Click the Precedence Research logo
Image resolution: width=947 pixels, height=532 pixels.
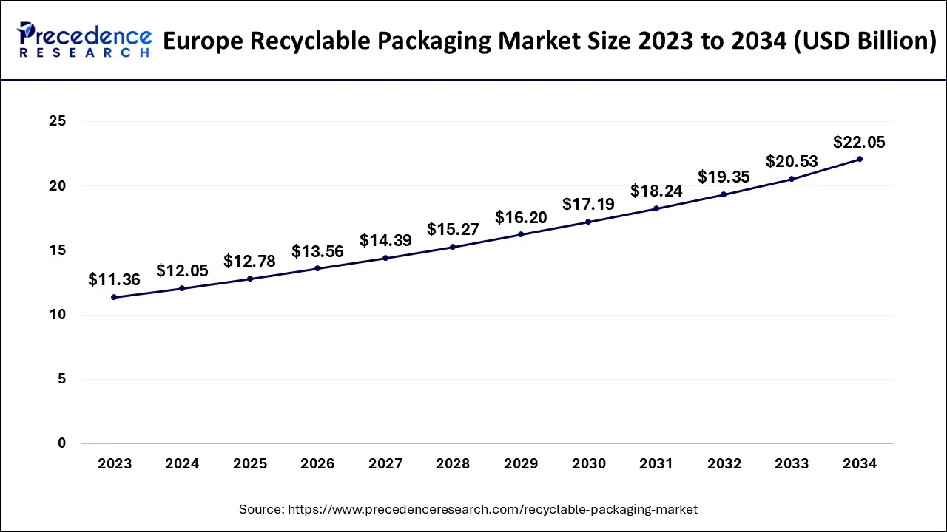tap(84, 40)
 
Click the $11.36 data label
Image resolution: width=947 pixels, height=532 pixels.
tap(114, 280)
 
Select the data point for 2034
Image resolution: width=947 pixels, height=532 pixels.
tap(859, 159)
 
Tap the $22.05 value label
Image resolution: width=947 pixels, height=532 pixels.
tap(859, 142)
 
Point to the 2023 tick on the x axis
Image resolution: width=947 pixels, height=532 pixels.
tap(114, 464)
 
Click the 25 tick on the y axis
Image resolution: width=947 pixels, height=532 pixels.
tap(57, 121)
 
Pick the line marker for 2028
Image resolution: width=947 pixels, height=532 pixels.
tap(453, 247)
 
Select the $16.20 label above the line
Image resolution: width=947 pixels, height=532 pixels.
tap(521, 217)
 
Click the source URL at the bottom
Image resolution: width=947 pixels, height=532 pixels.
tap(468, 509)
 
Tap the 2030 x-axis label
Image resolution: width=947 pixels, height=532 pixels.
tap(588, 464)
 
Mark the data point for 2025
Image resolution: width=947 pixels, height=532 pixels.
tap(250, 279)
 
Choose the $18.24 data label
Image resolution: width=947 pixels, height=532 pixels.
tap(656, 191)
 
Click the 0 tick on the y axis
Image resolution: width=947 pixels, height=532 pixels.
tap(61, 443)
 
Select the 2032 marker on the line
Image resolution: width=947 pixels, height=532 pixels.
tap(724, 194)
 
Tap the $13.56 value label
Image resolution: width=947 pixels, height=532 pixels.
tap(317, 251)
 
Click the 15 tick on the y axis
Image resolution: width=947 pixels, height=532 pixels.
tap(57, 250)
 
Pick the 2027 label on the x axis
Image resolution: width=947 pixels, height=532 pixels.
tap(385, 464)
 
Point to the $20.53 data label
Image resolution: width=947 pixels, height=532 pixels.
tap(792, 161)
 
